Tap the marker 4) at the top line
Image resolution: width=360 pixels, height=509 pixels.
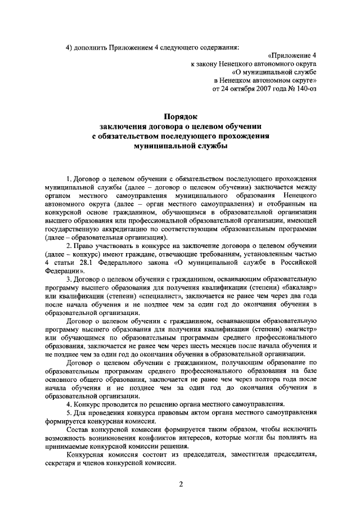coord(70,46)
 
